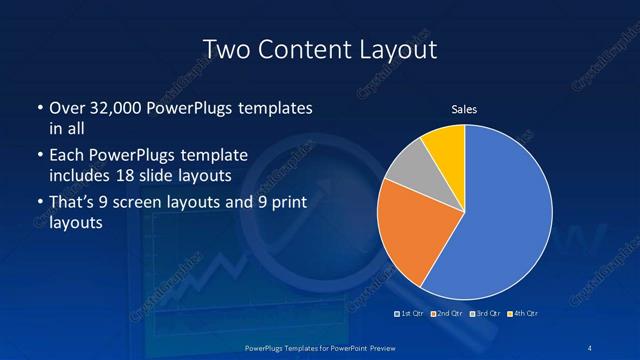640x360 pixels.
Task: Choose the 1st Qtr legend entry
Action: [x=413, y=314]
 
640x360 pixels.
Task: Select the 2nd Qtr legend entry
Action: [x=450, y=314]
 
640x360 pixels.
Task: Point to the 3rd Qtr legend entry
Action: [x=486, y=314]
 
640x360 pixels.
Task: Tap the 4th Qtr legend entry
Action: [x=523, y=314]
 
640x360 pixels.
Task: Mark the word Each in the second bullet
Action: [x=65, y=155]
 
